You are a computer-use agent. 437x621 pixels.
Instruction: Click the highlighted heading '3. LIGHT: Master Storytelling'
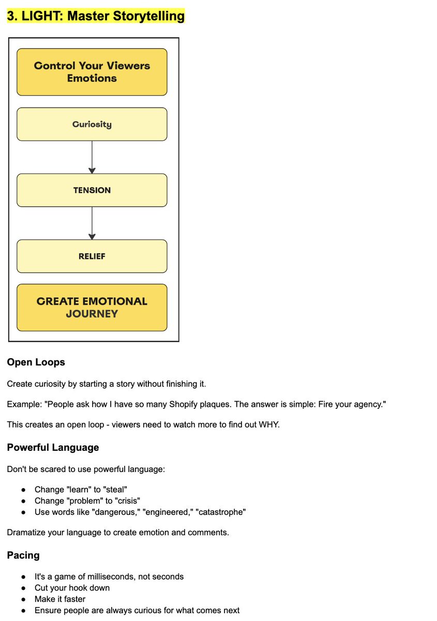96,16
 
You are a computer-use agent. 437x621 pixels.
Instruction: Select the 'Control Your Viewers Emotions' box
92,72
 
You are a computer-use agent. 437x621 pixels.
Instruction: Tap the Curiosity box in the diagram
92,124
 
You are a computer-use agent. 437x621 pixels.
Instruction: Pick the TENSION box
92,190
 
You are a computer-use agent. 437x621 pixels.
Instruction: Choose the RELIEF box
92,256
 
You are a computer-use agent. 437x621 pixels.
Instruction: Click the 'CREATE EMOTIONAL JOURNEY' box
92,307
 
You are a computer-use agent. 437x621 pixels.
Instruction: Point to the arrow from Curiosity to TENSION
92,157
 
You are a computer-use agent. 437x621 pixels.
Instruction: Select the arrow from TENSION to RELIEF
92,223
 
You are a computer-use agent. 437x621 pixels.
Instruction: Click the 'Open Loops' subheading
36,362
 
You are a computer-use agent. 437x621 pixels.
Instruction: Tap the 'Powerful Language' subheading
53,447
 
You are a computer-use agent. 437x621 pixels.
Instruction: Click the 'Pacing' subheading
23,555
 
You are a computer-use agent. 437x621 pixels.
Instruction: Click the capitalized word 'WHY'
267,425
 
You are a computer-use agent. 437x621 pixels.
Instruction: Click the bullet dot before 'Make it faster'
24,599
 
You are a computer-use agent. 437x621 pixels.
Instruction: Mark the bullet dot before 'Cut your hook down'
24,588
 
